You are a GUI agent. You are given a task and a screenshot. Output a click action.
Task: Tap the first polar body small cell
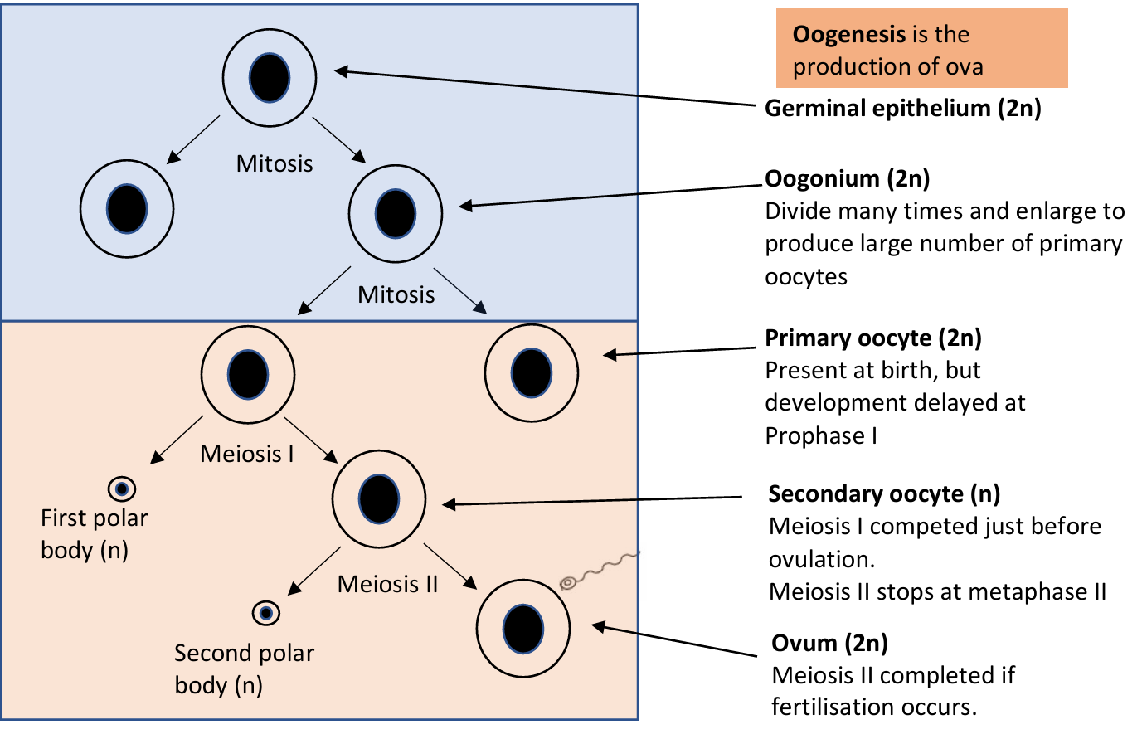click(122, 489)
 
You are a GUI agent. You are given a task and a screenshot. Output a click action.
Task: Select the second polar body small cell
click(266, 613)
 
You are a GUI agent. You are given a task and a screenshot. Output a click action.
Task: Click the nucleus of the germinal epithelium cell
click(270, 78)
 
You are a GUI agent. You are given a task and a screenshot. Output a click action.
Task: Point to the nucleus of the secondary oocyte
click(378, 499)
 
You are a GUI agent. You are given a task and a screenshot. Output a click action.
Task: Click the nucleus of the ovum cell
click(523, 629)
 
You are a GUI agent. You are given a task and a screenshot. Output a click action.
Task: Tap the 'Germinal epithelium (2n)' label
click(902, 109)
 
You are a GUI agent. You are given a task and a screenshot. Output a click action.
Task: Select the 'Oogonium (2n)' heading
click(847, 179)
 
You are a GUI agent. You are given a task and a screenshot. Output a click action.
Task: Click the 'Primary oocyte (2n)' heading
click(872, 338)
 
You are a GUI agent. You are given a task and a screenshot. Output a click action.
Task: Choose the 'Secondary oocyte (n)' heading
click(884, 494)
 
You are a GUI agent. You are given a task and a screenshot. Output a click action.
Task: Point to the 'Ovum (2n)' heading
click(829, 644)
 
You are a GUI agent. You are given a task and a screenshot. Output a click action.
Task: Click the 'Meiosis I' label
click(247, 455)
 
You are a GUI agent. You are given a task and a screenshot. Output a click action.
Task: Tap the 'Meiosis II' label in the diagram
click(387, 585)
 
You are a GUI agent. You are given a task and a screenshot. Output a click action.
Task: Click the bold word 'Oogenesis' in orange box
click(849, 35)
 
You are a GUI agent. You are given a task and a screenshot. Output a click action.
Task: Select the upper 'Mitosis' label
click(275, 164)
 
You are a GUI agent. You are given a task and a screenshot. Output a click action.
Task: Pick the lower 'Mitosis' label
click(396, 295)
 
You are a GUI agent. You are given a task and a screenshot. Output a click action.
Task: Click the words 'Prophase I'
click(820, 436)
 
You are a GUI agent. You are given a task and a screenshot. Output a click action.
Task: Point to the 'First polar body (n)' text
click(94, 533)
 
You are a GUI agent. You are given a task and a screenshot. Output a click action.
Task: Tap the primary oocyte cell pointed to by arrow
click(532, 373)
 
